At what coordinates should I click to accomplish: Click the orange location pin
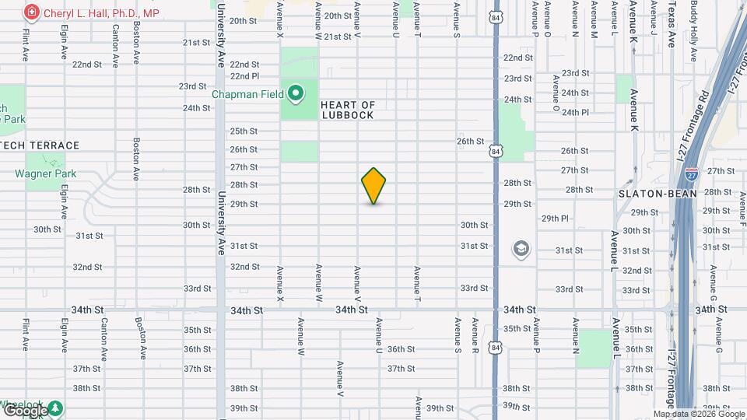click(x=373, y=186)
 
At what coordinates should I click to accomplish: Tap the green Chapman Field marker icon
click(x=296, y=95)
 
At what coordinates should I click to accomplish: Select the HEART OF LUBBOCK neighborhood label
click(x=347, y=110)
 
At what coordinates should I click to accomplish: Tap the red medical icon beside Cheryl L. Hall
click(x=31, y=13)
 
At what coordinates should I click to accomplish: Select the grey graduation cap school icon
click(x=520, y=249)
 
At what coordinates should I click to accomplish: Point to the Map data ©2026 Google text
click(x=699, y=414)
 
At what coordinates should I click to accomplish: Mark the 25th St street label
click(x=244, y=131)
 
